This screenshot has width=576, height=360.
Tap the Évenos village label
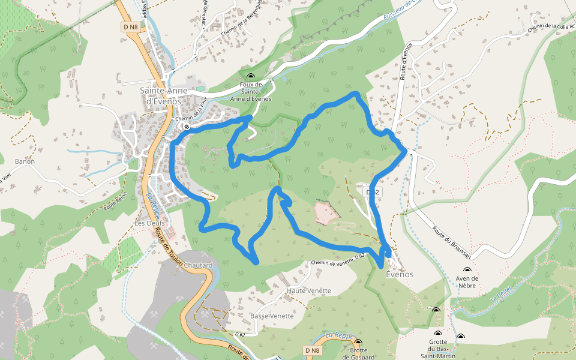pos(399,274)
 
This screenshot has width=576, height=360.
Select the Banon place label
pos(25,161)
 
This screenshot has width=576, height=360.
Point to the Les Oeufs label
pos(150,223)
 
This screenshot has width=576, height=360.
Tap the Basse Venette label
pos(272,316)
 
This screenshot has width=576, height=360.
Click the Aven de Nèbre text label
pos(467,282)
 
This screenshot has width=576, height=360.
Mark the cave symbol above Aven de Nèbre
pos(467,271)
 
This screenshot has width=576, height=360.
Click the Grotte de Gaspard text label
pos(358,353)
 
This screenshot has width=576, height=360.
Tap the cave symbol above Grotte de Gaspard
pos(358,343)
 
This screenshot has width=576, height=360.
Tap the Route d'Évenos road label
pos(406,61)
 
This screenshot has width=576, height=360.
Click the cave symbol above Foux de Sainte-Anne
pos(251,75)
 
